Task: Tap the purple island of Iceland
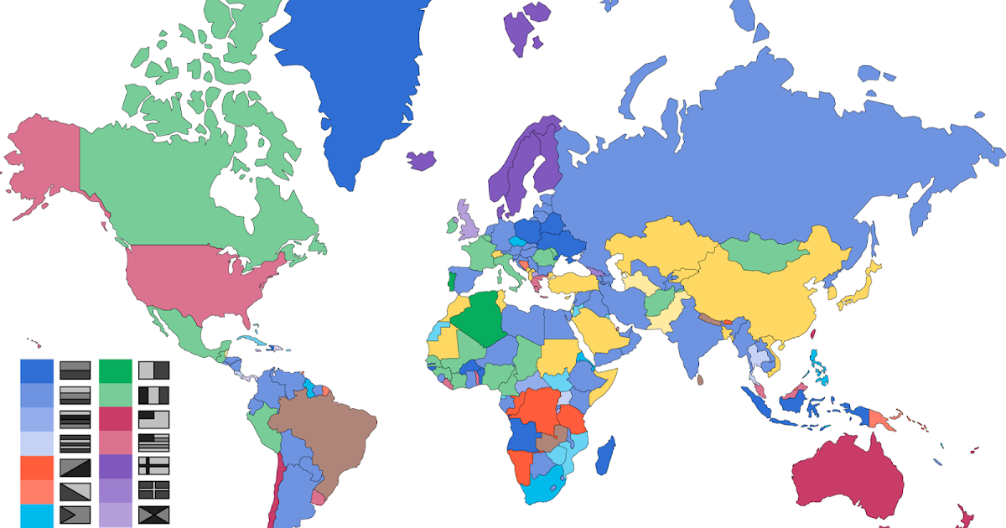[x=423, y=159]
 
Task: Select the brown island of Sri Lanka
[x=699, y=379]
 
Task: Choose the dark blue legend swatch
[x=37, y=370]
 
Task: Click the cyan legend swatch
[x=37, y=515]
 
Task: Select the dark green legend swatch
[x=116, y=370]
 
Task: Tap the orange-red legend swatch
[x=37, y=467]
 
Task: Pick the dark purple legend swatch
[x=116, y=467]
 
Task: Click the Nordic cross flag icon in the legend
[x=154, y=467]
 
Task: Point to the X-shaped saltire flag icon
[x=154, y=515]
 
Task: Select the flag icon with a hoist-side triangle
[x=75, y=515]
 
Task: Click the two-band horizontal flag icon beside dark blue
[x=75, y=370]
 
